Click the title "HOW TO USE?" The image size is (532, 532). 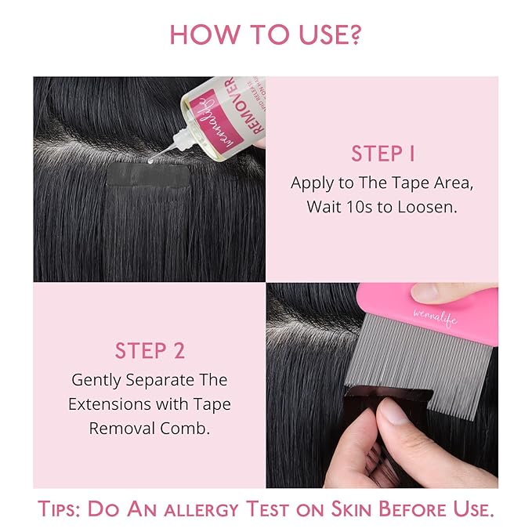point(266,34)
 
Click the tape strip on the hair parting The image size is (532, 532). point(150,176)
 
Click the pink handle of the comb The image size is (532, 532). point(447,313)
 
